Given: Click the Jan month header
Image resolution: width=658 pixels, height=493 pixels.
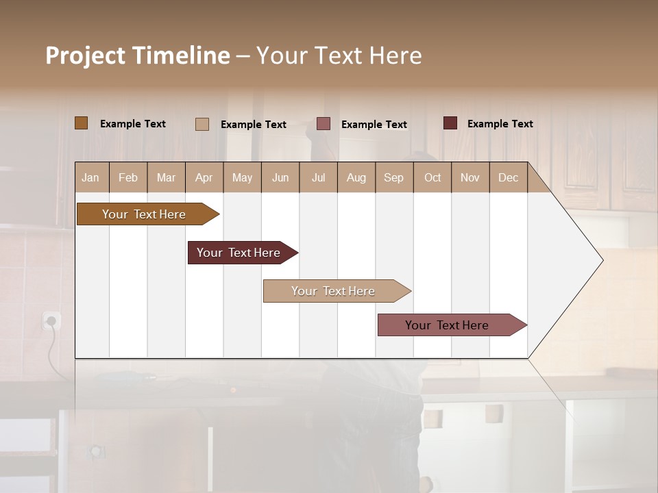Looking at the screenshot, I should pos(91,177).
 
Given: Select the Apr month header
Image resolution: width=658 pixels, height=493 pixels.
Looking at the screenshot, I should pos(204,177).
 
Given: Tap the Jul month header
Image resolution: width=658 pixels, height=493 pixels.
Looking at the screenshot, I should pos(318,177).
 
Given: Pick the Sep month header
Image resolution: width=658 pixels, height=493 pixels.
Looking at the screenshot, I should pos(393,177).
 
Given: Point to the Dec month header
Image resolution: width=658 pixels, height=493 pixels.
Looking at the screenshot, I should pos(508,177).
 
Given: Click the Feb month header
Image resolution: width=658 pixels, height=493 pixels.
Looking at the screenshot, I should pos(128,177).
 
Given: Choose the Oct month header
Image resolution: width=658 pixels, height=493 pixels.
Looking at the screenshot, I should pos(432,177).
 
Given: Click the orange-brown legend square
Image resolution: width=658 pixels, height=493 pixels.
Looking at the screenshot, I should pos(81,123).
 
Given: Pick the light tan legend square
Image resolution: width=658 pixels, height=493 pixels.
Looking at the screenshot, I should pos(202,124).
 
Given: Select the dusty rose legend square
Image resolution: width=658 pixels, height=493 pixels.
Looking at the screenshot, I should pos(324,124).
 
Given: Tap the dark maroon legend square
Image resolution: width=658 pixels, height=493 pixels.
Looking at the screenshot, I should pos(450,123).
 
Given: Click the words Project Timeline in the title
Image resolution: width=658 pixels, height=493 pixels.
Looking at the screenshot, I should pos(138,55).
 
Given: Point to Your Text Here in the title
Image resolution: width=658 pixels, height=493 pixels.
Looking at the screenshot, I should pos(339,55).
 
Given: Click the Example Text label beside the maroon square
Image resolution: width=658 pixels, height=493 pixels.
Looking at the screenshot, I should pos(500,124).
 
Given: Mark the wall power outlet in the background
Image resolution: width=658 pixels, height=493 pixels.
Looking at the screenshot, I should pos(51,320).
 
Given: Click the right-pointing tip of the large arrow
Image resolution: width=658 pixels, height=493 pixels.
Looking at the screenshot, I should pos(601,260).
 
